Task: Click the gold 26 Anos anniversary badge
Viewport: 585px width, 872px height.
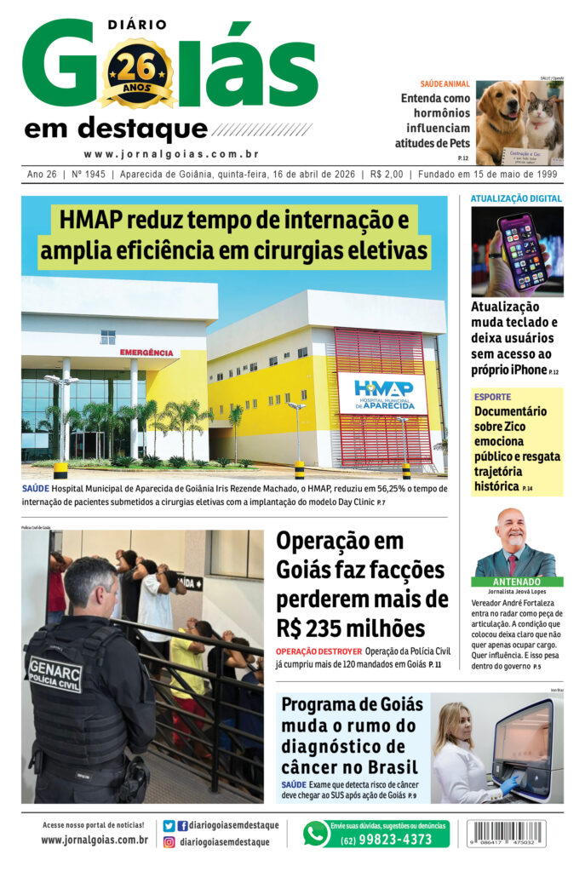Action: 137,74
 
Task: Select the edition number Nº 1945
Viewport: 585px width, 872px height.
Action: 89,175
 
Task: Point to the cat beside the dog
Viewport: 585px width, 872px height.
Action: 543,123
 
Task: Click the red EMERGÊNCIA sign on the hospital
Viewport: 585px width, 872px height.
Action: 146,352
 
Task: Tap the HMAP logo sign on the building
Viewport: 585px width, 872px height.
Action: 382,393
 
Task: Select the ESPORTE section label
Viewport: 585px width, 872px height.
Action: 493,397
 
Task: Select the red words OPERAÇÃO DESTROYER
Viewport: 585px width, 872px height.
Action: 318,651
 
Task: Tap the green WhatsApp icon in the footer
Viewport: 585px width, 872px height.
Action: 316,833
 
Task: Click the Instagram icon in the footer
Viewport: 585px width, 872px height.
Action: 169,842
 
